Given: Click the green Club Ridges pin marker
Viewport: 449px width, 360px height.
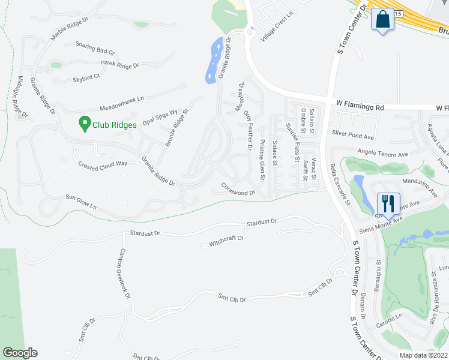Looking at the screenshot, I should (x=85, y=124).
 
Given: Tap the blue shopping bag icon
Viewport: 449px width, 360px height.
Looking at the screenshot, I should (x=382, y=20).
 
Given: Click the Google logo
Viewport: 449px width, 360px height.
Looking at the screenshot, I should (x=20, y=353).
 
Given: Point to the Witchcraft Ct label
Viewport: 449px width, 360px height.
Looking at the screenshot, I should (x=226, y=241).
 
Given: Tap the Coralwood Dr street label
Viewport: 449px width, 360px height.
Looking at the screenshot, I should (x=238, y=189).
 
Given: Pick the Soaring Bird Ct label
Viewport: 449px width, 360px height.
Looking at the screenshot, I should (x=94, y=48).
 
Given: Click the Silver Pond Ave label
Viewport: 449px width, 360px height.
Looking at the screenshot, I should (x=352, y=137).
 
